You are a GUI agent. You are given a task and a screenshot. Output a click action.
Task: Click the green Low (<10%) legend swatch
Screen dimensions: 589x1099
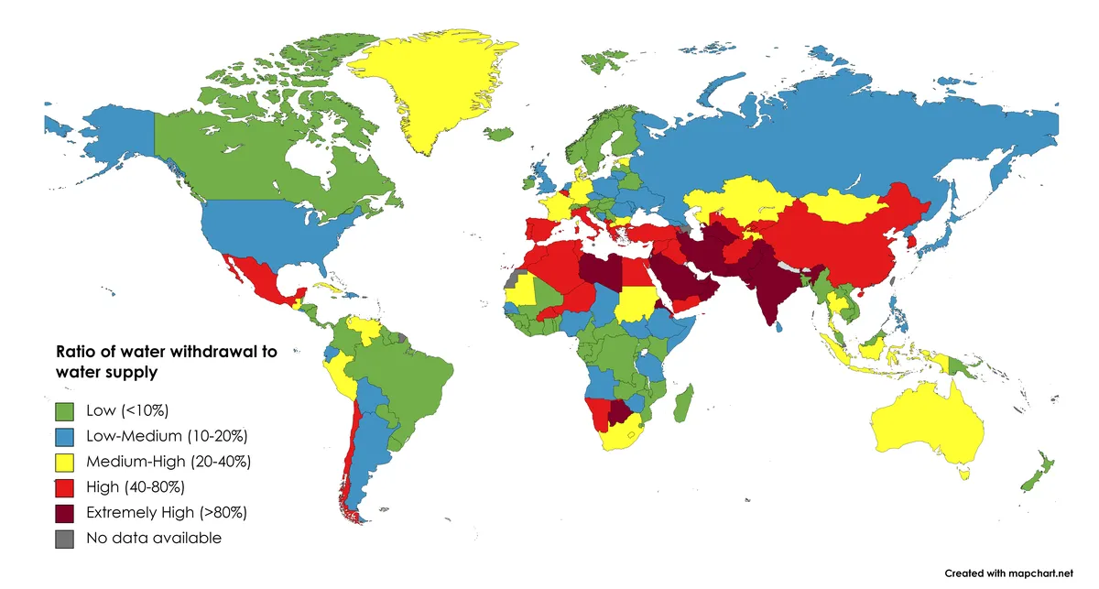[x=64, y=409]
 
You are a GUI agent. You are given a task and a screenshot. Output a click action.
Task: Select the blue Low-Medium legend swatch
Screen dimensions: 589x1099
[x=64, y=435]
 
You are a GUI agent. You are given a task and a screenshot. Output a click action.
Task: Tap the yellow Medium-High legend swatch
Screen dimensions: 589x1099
[x=64, y=461]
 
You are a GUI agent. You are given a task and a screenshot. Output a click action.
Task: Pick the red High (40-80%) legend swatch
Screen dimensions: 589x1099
[x=64, y=486]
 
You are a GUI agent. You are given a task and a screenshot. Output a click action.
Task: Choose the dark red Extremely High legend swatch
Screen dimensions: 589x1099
[x=64, y=512]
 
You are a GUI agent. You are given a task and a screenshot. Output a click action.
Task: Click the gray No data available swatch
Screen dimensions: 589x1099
[x=64, y=538]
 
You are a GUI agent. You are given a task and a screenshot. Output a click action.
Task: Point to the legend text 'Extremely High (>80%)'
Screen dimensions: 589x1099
[x=166, y=512]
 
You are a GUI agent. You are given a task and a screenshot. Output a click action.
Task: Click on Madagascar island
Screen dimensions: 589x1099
[x=682, y=403]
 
